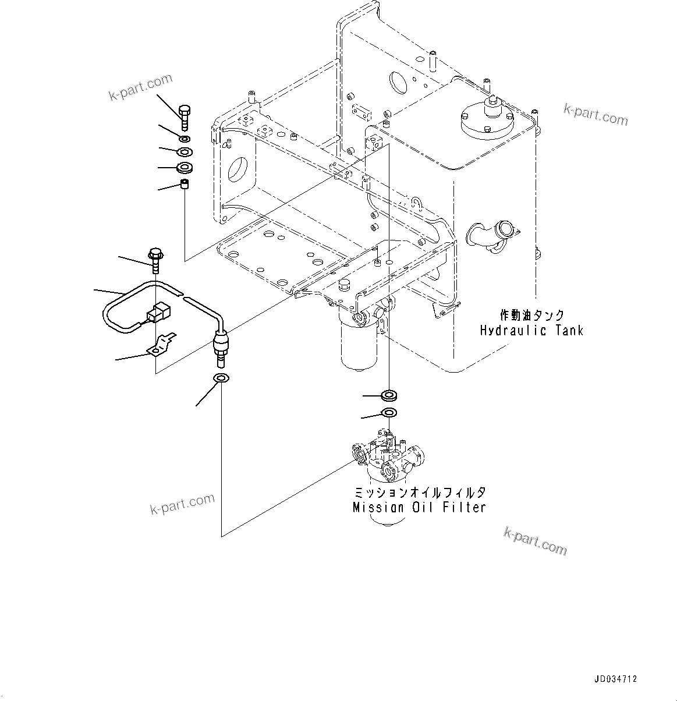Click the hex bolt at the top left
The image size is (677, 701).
point(185,118)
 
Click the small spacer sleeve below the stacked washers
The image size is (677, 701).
point(185,186)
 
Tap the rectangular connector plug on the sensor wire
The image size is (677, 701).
point(158,313)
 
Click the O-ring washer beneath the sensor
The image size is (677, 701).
point(222,379)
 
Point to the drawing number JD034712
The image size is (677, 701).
point(616,679)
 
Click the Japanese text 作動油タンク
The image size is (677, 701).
point(532,316)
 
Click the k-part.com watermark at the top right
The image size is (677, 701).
point(596,115)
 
